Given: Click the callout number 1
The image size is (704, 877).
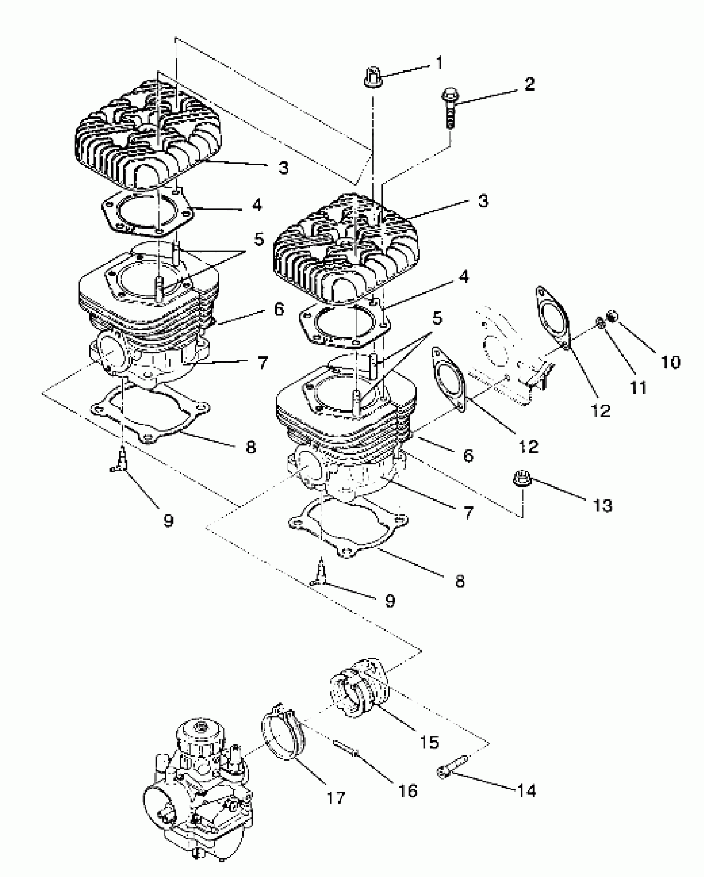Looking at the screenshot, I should pyautogui.click(x=440, y=63).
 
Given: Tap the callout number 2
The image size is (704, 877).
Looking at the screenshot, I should pyautogui.click(x=529, y=84).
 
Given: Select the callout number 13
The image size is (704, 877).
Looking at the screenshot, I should pyautogui.click(x=602, y=506).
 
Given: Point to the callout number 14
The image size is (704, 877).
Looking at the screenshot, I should pyautogui.click(x=526, y=791).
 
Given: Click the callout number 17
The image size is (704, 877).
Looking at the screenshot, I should pyautogui.click(x=335, y=798).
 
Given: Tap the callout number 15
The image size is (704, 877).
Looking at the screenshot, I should pyautogui.click(x=429, y=742).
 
